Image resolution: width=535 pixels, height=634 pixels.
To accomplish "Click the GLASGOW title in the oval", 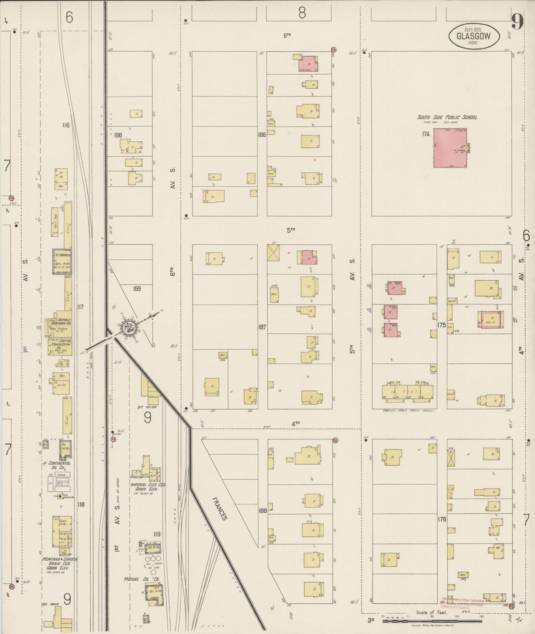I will pos(474,36).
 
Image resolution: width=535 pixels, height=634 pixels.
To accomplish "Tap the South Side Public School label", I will pos(448,117).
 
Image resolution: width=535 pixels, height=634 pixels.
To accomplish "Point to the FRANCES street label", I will pos(219,509).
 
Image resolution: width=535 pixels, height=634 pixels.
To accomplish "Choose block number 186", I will pos(262,135).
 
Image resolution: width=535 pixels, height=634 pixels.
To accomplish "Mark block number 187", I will pos(262,327).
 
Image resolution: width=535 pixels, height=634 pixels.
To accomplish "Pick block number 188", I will pos(263,510).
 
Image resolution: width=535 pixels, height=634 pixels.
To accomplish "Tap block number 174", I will pos(425,134).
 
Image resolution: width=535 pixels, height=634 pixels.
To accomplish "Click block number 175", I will pos(441,326).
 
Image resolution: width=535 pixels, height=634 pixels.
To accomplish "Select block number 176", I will pos(442,519).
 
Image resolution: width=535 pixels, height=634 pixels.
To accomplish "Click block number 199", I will pos(137,289).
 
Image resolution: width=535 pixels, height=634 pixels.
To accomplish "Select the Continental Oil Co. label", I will pos(56,465).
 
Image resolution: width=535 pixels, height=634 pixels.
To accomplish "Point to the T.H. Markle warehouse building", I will pos(62,261).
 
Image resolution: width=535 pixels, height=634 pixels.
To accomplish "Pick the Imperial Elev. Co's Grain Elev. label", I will pos(148,487).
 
